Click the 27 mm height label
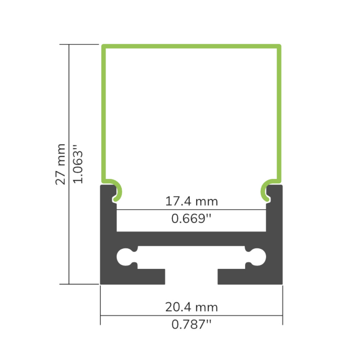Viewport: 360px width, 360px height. coord(61,164)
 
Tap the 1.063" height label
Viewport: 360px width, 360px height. coord(78,164)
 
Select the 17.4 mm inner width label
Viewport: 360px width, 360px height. coord(192,201)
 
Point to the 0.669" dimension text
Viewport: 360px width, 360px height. coord(191,218)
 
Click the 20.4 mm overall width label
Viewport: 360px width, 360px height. coord(192,307)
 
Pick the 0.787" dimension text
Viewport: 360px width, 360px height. coord(191,324)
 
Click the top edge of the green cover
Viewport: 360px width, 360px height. coord(191,46)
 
